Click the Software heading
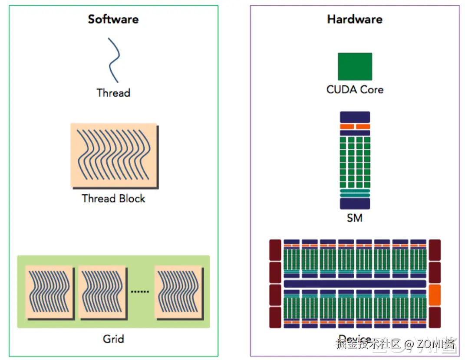coord(113,19)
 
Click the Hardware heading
coord(354,19)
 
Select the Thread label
coord(113,93)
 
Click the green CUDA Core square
coord(355,66)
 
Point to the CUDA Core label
coord(355,90)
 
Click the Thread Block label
coord(113,199)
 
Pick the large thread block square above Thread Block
coord(113,155)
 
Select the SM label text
coord(355,218)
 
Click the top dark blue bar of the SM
coord(355,117)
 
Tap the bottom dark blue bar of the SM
coord(355,203)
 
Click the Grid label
coord(113,338)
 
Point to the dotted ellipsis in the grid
coord(140,291)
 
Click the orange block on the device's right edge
coord(435,295)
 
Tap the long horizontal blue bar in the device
coord(354,284)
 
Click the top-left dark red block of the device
coord(275,250)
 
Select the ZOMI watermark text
coord(434,344)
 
